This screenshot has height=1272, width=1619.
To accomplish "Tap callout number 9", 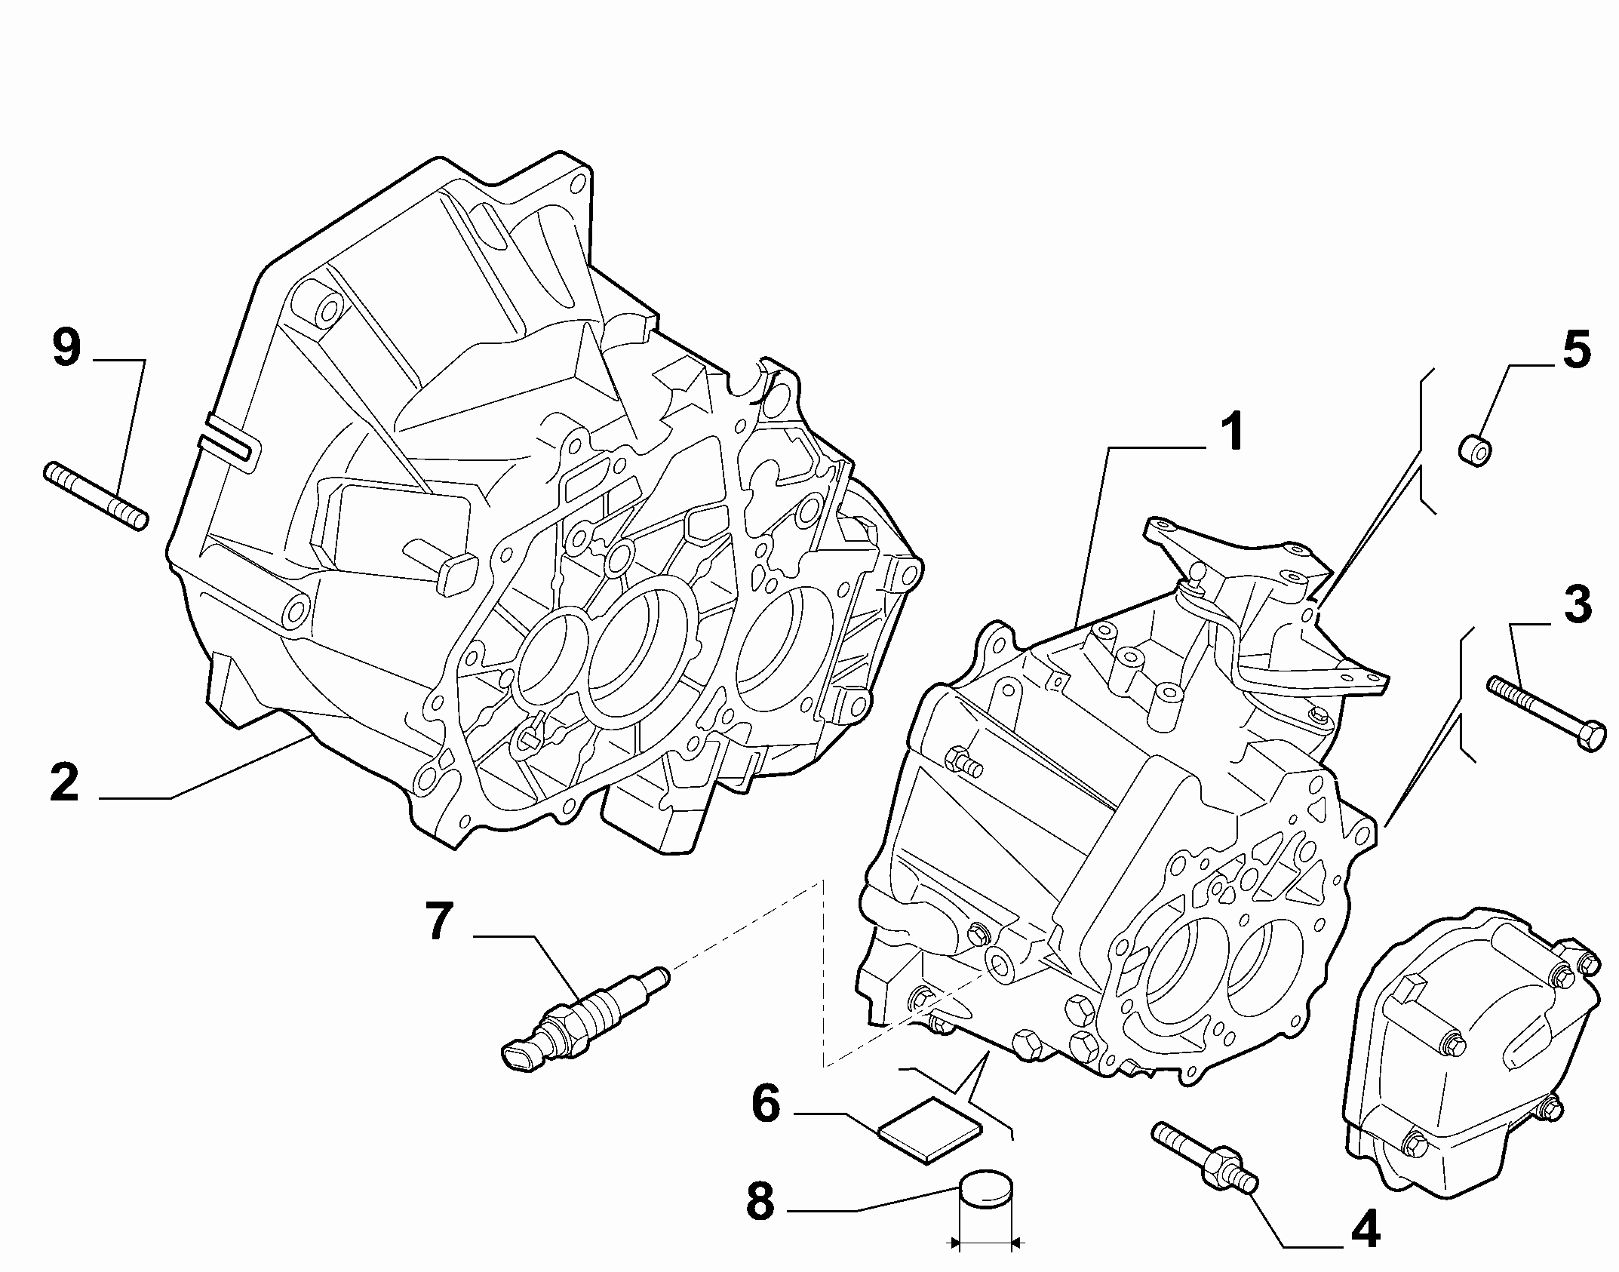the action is pos(66,348).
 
